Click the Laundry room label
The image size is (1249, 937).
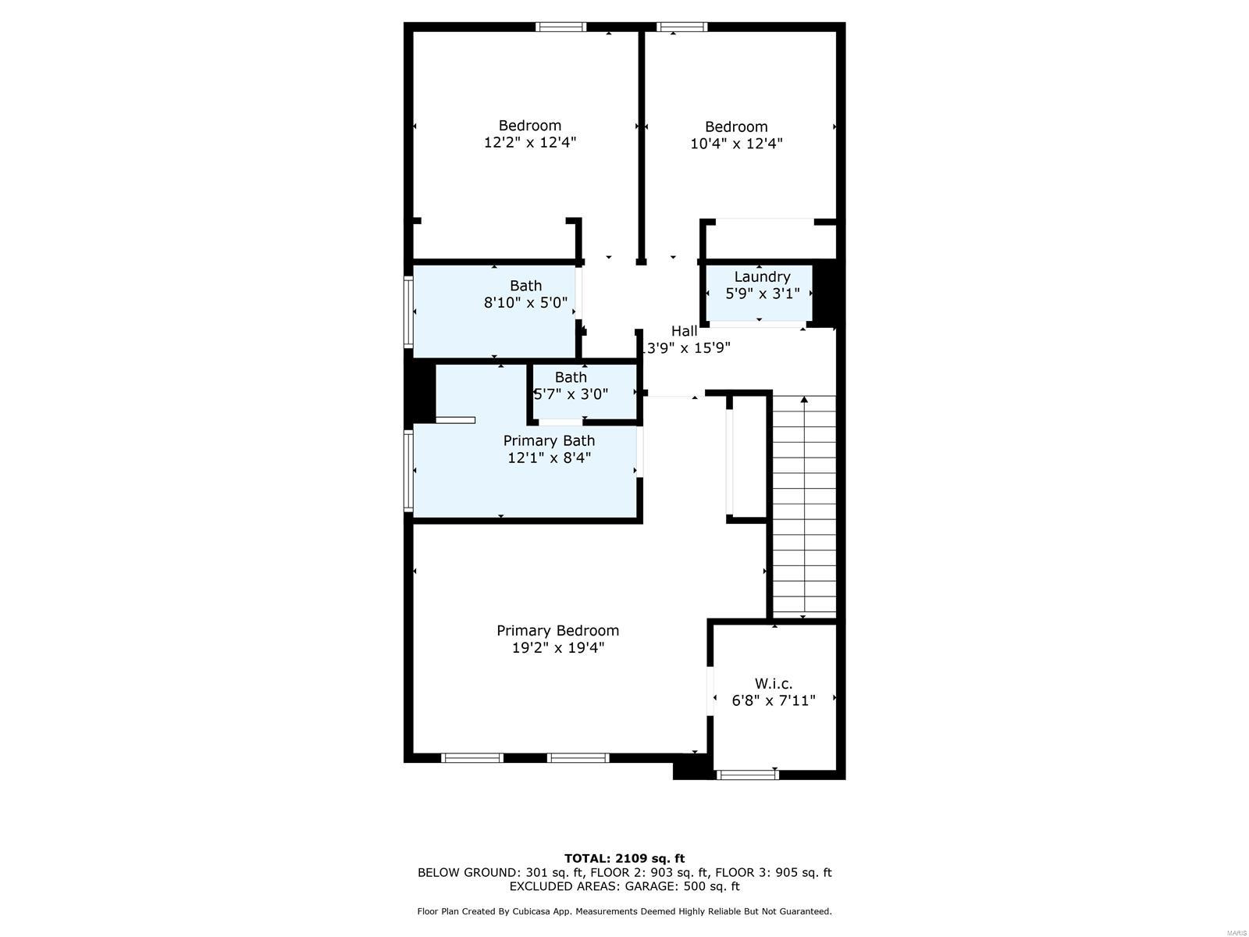[x=762, y=276]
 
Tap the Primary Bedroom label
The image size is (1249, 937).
[x=557, y=630]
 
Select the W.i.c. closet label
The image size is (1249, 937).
[x=773, y=683]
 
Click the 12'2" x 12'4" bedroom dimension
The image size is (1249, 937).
[x=530, y=142]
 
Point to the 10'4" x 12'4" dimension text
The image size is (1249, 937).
[x=736, y=144]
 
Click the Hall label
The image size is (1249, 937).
[x=684, y=331]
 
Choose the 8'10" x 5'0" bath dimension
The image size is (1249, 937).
[x=525, y=303]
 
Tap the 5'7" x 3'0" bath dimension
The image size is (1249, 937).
[x=571, y=394]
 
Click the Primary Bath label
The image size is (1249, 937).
[x=549, y=440]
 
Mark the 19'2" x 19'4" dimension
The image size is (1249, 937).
[x=557, y=647]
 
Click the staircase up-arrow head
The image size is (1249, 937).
[x=804, y=401]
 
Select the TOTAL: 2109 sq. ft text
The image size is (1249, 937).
[x=624, y=858]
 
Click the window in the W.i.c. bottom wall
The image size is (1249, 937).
[x=747, y=775]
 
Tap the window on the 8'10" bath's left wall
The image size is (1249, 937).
[x=408, y=312]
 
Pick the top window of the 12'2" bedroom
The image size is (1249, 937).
[x=560, y=27]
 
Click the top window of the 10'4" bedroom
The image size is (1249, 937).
[x=681, y=27]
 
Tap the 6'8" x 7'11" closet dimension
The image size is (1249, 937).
[x=773, y=700]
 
